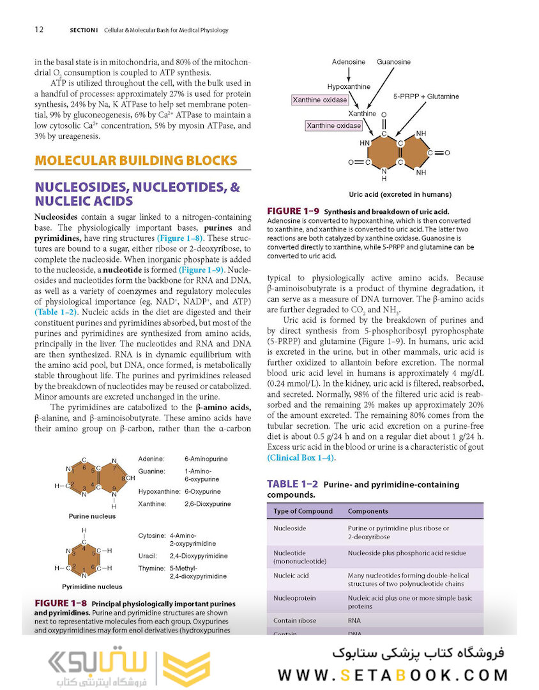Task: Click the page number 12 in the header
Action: click(39, 30)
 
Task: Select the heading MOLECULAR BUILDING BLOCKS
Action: click(136, 160)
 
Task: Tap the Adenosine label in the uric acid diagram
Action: click(348, 62)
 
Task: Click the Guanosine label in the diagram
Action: click(393, 62)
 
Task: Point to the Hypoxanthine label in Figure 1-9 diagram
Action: click(349, 86)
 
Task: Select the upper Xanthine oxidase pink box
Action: click(320, 100)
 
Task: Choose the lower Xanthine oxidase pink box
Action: click(333, 126)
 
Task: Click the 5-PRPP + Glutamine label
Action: click(426, 96)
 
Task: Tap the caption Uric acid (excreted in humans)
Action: click(400, 194)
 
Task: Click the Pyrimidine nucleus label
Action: click(92, 586)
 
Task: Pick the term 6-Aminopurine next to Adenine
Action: click(206, 459)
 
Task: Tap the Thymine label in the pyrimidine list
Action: click(152, 568)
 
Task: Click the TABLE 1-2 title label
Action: click(292, 484)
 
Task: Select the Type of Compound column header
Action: click(303, 511)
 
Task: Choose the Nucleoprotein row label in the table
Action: click(293, 598)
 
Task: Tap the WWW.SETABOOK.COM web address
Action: click(393, 675)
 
